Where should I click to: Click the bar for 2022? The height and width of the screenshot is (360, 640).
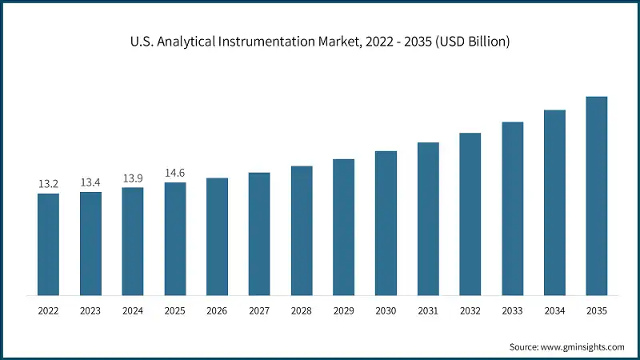pos(48,244)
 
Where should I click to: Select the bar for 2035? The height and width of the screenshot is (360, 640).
pos(597,195)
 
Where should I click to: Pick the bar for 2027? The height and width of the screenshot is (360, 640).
pos(259,234)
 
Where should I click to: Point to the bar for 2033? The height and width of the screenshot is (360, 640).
pos(512,208)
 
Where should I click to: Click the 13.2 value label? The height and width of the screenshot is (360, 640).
pos(48,185)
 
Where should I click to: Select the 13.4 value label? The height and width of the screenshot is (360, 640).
pos(90,183)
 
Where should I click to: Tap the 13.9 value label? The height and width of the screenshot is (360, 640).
pos(133,178)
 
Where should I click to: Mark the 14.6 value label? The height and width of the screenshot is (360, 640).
pos(175,174)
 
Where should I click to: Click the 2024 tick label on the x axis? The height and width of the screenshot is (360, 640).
pos(133,310)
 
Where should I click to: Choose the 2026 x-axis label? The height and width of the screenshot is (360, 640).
pos(217,310)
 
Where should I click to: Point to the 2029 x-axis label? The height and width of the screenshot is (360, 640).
pos(343,310)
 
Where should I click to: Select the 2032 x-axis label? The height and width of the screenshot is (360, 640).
pos(470,310)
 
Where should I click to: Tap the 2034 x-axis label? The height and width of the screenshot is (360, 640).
pos(554,310)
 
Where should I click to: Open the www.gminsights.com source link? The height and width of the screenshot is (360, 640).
pos(583,346)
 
